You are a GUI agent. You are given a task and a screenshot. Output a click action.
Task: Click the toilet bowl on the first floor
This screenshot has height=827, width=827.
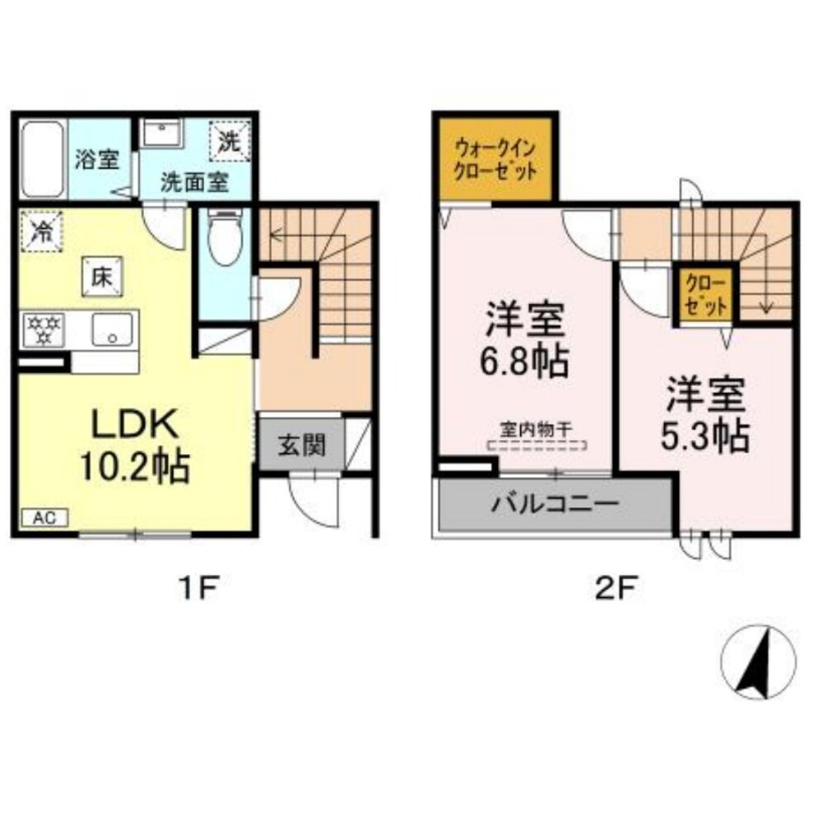coord(226,238)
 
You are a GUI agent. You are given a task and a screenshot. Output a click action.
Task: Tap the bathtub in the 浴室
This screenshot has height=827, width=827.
coord(43,159)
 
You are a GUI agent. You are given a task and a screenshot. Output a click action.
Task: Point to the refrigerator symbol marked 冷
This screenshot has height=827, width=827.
coord(41,231)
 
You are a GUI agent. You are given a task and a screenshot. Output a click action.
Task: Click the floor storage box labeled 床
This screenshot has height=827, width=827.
coord(103,277)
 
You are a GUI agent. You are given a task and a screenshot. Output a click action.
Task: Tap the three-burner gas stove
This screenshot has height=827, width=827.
coord(45,330)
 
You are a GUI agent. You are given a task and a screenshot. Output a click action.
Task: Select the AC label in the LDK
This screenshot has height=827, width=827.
coord(45,518)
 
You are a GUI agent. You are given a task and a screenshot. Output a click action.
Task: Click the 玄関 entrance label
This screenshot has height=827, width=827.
coord(302,446)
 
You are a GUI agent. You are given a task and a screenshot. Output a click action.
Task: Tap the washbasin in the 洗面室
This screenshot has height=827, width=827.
coord(162,133)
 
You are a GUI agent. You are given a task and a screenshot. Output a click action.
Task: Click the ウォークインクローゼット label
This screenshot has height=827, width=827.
coord(495,160)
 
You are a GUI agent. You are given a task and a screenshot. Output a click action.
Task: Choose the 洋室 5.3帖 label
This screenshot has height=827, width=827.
coord(705,415)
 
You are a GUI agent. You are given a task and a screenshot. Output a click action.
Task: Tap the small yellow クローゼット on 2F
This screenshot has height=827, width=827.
coord(705,295)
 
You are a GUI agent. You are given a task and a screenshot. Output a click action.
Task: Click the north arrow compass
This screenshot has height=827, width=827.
coord(758,662)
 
